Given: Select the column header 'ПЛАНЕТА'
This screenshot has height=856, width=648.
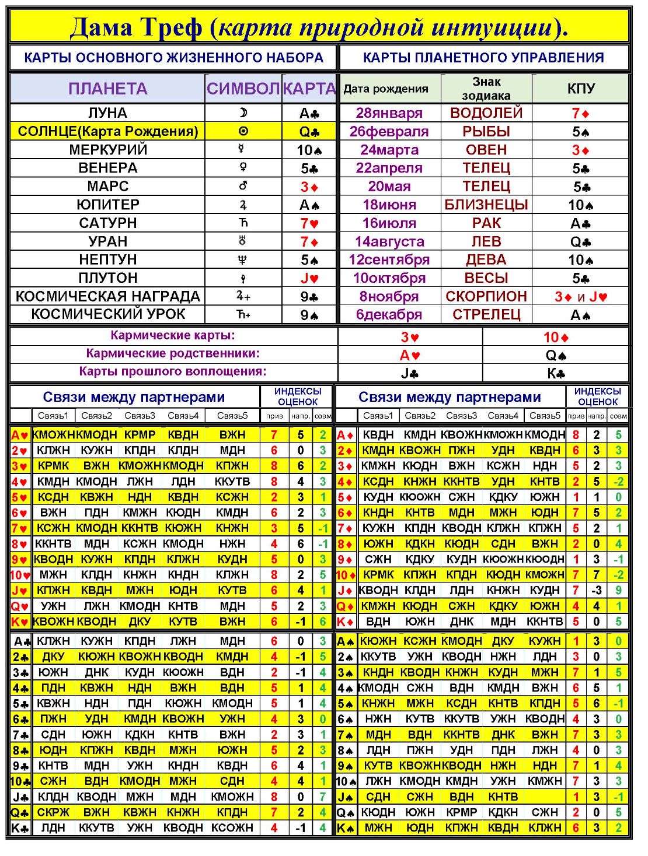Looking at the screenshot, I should (107, 89).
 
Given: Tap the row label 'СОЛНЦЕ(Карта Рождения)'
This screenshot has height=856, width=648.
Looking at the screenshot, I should (107, 131).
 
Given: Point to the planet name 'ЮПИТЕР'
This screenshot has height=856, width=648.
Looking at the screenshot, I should (107, 205).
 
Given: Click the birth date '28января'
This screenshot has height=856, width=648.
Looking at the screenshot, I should (389, 113).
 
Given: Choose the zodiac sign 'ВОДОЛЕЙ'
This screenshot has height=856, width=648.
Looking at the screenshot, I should (486, 113).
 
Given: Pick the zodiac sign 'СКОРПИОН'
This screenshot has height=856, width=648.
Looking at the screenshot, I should (486, 296).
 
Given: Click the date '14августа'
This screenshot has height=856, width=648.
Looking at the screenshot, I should (389, 241).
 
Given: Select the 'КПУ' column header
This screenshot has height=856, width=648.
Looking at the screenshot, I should (580, 89).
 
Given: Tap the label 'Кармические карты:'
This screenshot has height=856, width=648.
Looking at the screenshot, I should (173, 335).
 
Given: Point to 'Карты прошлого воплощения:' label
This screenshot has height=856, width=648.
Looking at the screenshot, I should (173, 371).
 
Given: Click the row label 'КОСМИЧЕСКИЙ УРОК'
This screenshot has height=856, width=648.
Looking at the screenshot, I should (107, 314).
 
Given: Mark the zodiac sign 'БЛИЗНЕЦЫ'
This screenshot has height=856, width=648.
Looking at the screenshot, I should (486, 205).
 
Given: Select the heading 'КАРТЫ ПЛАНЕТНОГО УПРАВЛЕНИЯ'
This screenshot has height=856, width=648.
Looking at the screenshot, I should (483, 58).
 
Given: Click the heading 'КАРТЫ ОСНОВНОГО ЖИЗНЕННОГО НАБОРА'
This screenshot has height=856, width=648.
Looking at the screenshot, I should (173, 58).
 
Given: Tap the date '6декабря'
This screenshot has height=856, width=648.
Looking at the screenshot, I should (389, 314).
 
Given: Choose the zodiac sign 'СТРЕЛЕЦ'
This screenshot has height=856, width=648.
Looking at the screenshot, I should (486, 314).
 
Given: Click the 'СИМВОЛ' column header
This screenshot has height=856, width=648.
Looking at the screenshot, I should (243, 89).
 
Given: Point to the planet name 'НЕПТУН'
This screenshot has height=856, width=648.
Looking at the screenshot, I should (107, 259).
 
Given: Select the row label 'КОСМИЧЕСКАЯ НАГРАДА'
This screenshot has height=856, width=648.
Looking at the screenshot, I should (107, 296).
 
